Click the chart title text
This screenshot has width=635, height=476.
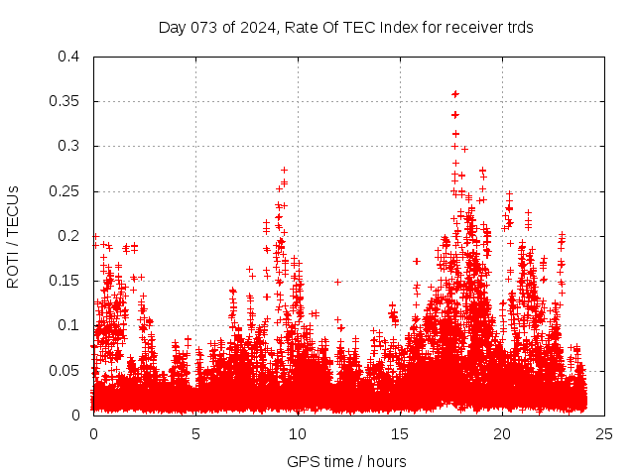[346, 28]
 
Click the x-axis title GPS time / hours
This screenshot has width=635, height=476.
[346, 461]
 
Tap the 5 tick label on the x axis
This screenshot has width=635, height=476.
[195, 433]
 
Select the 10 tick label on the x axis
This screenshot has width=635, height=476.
[298, 433]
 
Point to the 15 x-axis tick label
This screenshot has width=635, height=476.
[400, 433]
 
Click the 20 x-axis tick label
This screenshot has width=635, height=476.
[502, 433]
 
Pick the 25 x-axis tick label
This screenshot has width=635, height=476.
[604, 433]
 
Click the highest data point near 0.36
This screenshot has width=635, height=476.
[455, 94]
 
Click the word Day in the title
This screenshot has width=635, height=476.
[172, 28]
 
